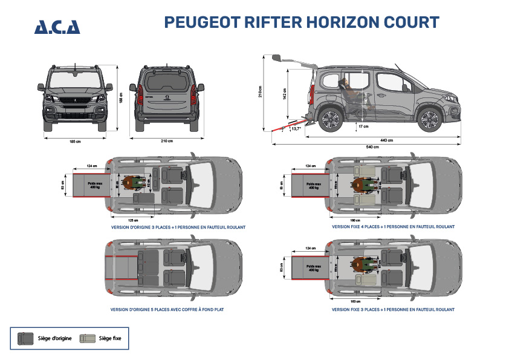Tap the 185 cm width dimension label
click(x=75, y=141)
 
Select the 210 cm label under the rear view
click(x=166, y=141)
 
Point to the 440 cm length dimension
click(x=387, y=140)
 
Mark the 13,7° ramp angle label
click(x=296, y=128)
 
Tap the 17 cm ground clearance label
click(x=363, y=126)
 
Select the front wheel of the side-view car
click(x=429, y=119)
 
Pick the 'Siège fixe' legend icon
click(x=88, y=338)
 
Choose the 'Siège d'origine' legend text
click(x=55, y=338)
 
